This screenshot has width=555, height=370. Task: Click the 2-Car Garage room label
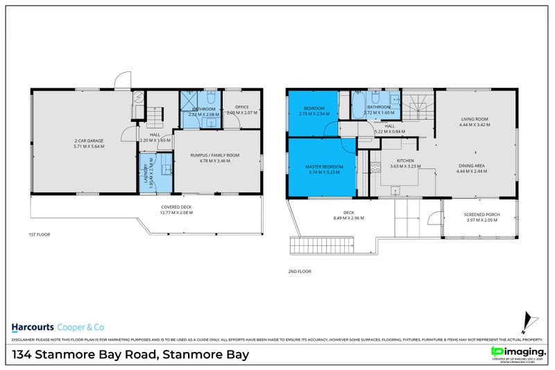[84, 141]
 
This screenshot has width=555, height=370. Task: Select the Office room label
[241, 107]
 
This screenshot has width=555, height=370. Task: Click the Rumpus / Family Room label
[214, 155]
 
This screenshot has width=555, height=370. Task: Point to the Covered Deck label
[176, 207]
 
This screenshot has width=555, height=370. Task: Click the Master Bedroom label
[323, 167]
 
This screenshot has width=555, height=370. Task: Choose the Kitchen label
[406, 161]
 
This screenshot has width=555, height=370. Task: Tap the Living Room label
[475, 119]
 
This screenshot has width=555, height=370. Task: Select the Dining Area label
[475, 166]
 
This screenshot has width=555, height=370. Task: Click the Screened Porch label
[480, 215]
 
